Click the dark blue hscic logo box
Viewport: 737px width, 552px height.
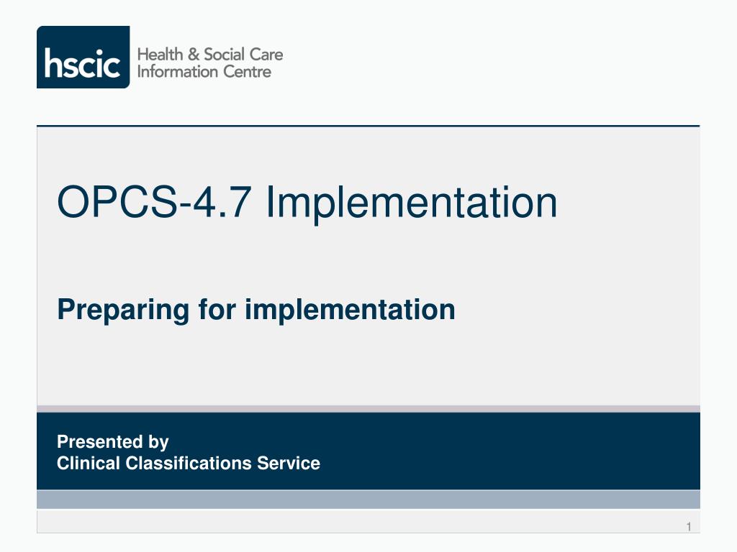(x=83, y=57)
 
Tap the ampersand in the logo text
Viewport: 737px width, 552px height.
(x=191, y=55)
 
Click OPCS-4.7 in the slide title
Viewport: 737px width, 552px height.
(x=156, y=203)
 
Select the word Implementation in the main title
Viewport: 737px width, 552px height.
(x=411, y=203)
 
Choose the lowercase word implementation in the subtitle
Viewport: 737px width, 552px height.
(x=350, y=310)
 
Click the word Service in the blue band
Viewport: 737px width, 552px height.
(x=289, y=464)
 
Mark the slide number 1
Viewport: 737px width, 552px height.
(x=688, y=528)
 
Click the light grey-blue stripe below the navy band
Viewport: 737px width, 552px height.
(x=368, y=500)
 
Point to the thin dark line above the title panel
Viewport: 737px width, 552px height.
(x=368, y=126)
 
